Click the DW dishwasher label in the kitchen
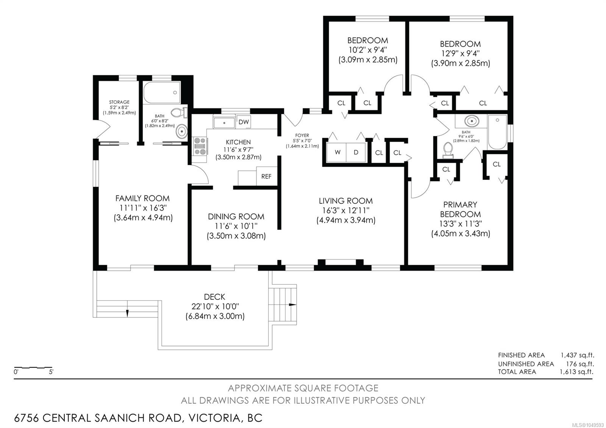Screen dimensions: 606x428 (244, 122)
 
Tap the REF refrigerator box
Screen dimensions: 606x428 (267, 176)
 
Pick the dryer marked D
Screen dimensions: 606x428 (356, 152)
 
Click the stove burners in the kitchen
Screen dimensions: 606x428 (200, 146)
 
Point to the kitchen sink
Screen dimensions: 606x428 (224, 123)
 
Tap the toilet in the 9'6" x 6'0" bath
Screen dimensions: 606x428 (448, 150)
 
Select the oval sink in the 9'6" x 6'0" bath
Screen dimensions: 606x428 (472, 121)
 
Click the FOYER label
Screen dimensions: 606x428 (302, 135)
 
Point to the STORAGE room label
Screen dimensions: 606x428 (119, 102)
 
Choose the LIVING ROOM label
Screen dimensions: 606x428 (345, 201)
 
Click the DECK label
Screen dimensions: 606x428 (214, 297)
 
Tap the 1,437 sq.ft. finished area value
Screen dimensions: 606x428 (577, 355)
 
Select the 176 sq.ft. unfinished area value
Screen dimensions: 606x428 (580, 364)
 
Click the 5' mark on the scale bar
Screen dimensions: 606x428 (51, 372)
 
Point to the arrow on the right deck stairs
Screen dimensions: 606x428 (292, 305)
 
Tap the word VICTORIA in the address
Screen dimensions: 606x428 (214, 418)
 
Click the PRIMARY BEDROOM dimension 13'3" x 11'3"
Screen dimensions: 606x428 (460, 224)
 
